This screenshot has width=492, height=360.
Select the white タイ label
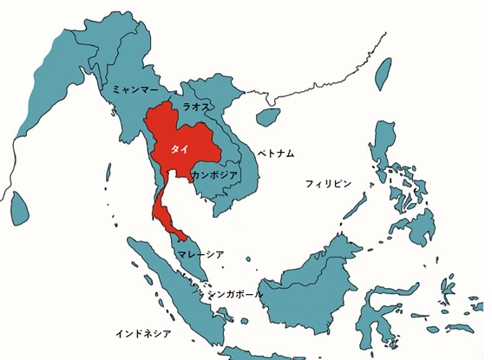[180, 149]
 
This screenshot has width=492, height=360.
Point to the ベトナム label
[276, 154]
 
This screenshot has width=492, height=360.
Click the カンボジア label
[214, 174]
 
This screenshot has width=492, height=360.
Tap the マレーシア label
[200, 254]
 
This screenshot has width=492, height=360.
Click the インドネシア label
[143, 333]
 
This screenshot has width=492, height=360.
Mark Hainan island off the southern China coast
[270, 115]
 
